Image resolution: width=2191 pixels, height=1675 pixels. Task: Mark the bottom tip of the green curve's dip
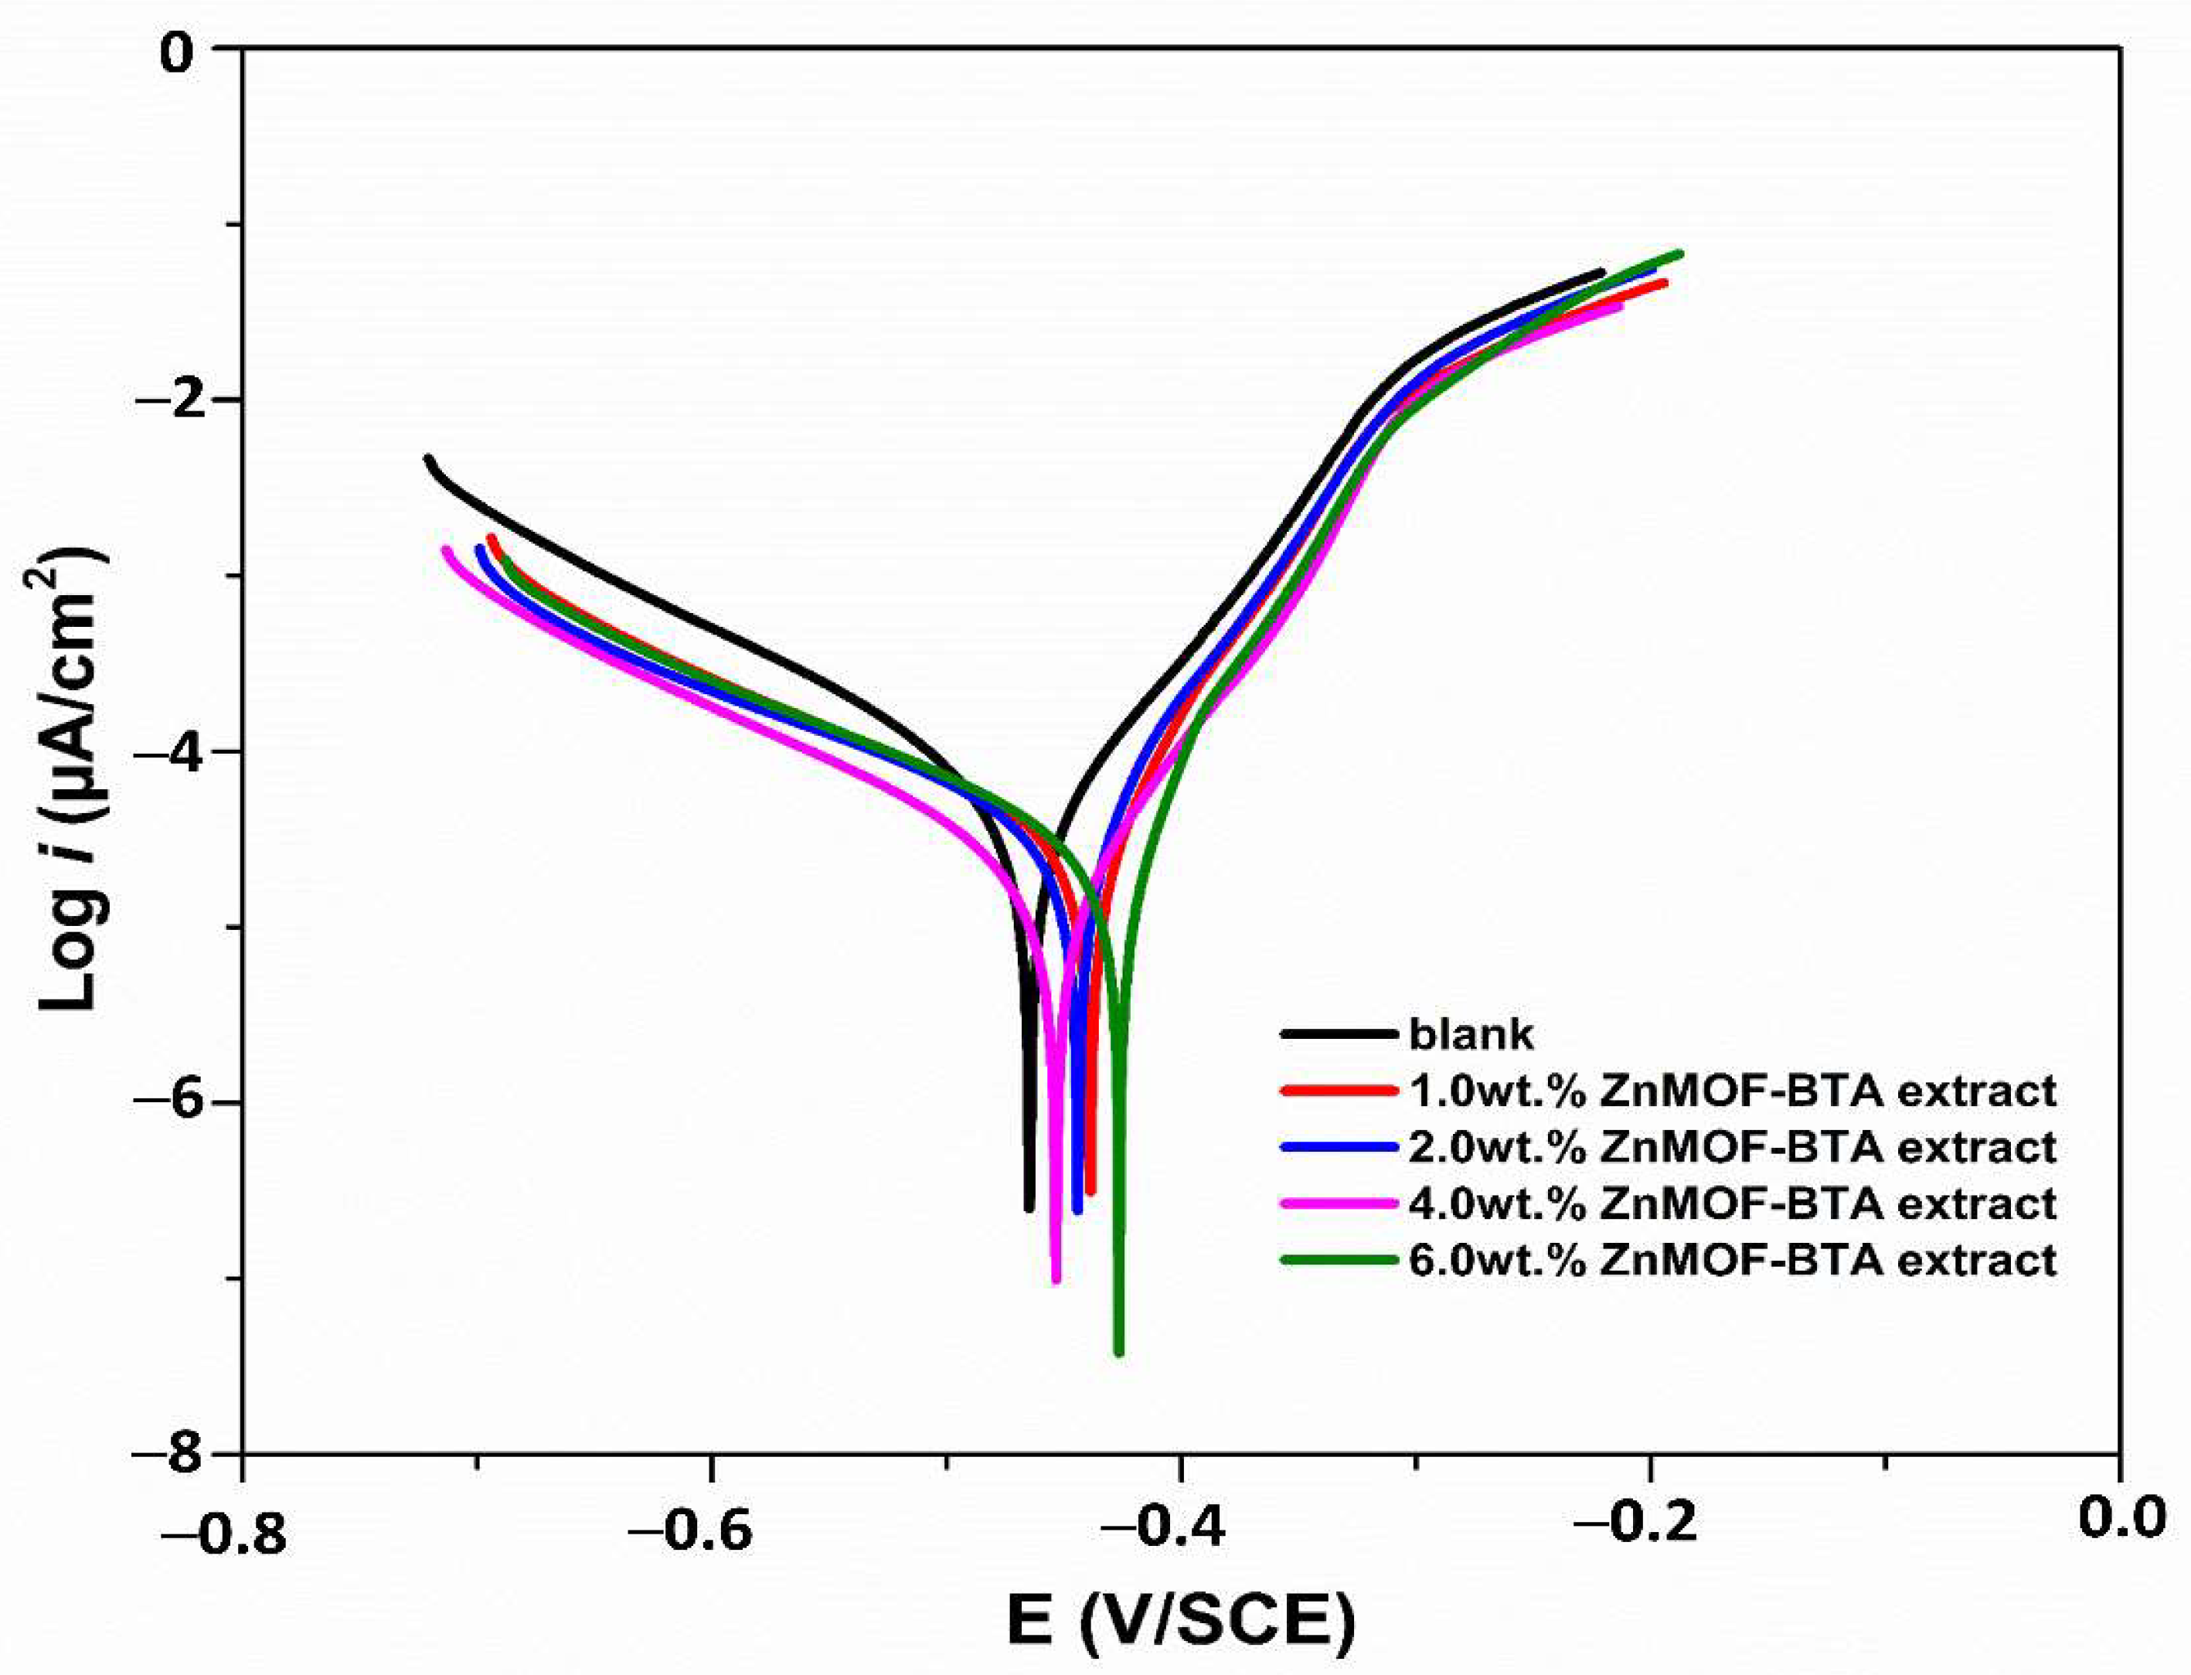(1118, 1352)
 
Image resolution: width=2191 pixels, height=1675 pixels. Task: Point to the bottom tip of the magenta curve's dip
(1056, 1279)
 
